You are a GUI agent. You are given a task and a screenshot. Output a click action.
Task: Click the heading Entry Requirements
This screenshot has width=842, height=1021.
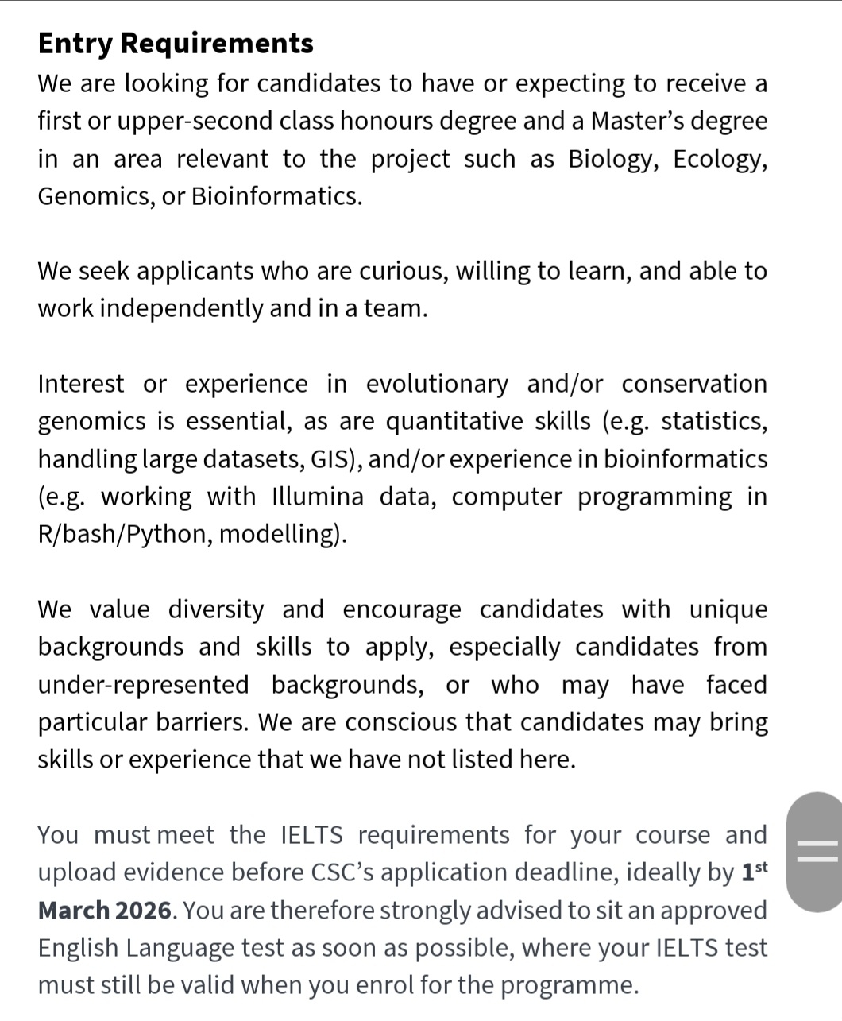[x=176, y=43]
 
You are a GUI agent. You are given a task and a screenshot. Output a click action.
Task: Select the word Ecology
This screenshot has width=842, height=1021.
[x=720, y=159]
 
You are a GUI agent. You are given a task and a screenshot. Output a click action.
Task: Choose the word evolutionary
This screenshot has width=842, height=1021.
[x=436, y=384]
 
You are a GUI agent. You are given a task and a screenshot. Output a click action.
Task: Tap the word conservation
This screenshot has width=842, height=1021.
[x=694, y=384]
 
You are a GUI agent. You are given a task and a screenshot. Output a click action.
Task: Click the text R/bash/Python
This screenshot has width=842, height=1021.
[x=123, y=534]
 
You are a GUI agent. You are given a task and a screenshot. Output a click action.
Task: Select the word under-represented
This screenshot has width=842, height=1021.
[x=143, y=685]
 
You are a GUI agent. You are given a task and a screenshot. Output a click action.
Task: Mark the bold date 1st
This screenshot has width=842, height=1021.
[x=754, y=872]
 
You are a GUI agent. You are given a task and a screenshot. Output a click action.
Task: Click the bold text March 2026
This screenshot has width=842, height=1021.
[x=105, y=910]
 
